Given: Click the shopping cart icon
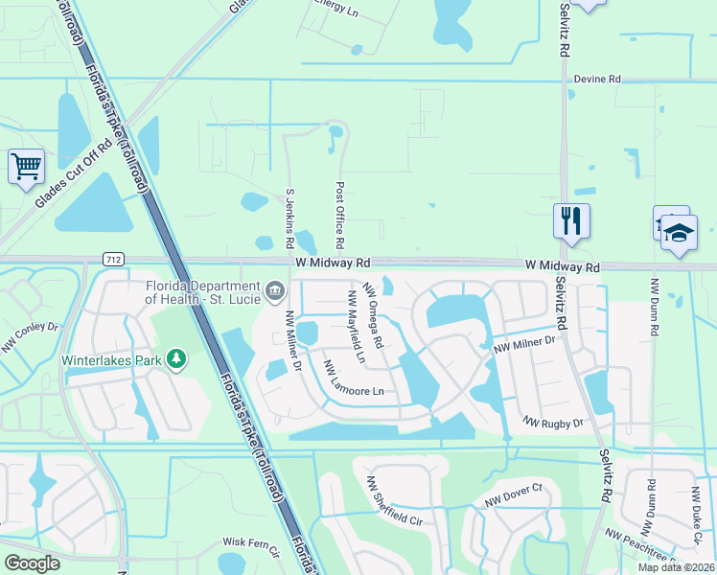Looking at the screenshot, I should tap(26, 166).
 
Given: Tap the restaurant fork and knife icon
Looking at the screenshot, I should tap(571, 220).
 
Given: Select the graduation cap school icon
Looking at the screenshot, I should tap(679, 233).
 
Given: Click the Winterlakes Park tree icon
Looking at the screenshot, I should tap(175, 359).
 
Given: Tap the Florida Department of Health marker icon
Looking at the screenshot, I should tap(276, 288).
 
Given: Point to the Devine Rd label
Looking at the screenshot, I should tap(597, 80).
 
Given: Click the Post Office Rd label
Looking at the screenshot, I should tap(340, 216).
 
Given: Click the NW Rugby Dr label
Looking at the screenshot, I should tap(553, 422).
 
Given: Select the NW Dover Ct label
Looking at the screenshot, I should tap(513, 494).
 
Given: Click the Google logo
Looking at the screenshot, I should tap(32, 563).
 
